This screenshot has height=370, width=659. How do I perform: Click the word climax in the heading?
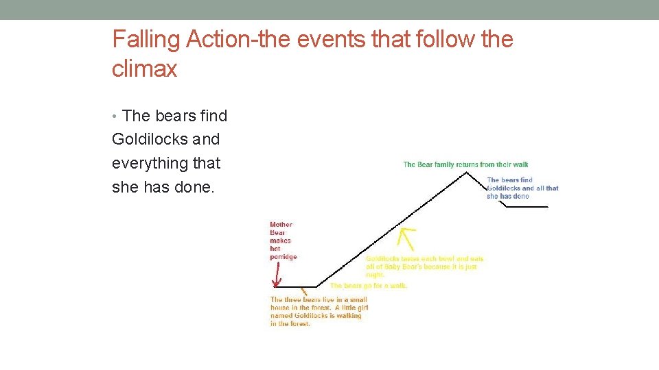pyautogui.click(x=144, y=69)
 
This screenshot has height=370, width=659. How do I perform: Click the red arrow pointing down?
pyautogui.click(x=276, y=275)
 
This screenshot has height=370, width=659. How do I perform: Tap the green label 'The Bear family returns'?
pyautogui.click(x=465, y=164)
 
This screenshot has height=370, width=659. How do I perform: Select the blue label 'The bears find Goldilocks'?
pyautogui.click(x=522, y=188)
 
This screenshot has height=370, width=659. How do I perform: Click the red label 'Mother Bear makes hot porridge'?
pyautogui.click(x=283, y=241)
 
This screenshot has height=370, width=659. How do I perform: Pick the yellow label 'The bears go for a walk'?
pyautogui.click(x=369, y=285)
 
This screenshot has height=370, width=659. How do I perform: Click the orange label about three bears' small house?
pyautogui.click(x=319, y=312)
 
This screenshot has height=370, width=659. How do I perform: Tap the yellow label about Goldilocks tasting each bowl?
pyautogui.click(x=424, y=267)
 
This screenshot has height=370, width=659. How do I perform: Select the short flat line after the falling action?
pyautogui.click(x=527, y=206)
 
